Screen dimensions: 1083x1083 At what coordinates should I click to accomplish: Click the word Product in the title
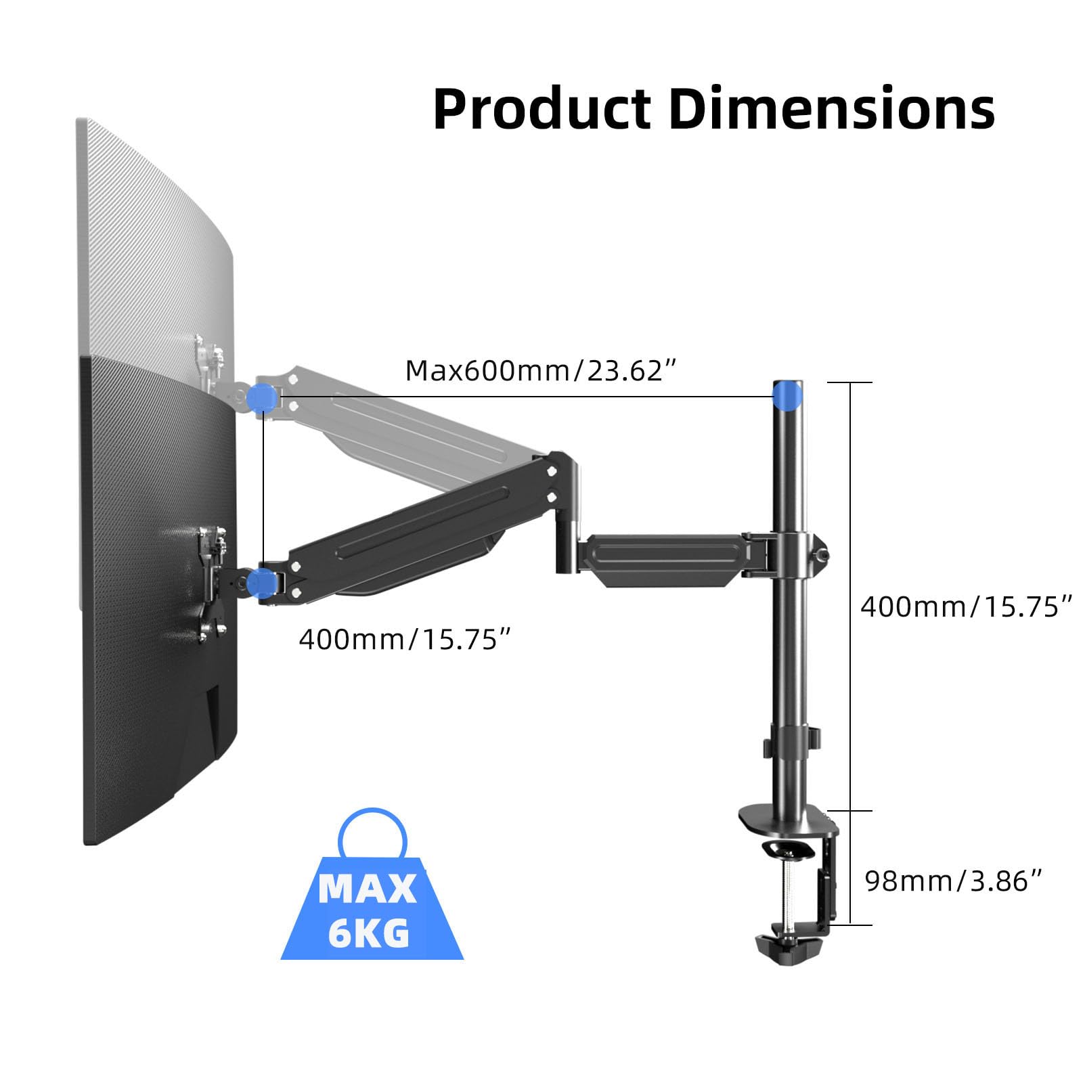point(541,109)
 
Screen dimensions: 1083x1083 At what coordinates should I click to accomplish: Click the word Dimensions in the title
point(832,109)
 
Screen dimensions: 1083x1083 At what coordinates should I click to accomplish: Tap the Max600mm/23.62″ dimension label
point(541,371)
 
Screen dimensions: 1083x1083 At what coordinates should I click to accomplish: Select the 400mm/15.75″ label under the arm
point(404,639)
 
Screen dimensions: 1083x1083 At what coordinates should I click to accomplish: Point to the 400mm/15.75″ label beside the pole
point(966,606)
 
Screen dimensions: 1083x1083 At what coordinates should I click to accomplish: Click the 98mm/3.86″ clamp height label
point(954,881)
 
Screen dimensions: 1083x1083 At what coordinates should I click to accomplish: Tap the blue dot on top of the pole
point(787,396)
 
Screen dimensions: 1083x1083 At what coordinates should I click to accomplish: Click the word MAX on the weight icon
point(368,889)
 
